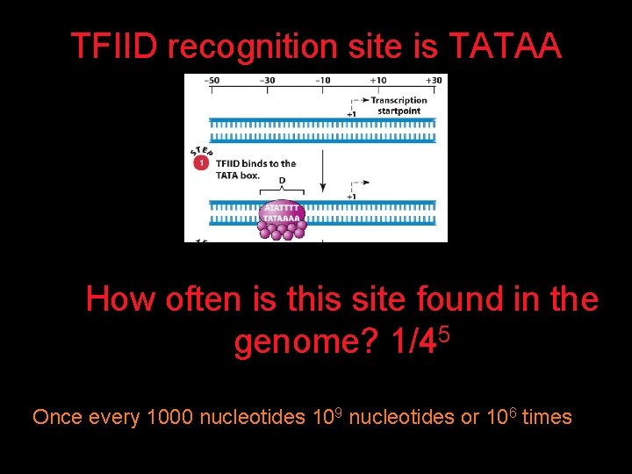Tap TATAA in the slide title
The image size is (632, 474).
click(x=504, y=46)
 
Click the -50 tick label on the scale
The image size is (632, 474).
click(x=212, y=81)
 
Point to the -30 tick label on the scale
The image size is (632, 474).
click(x=267, y=81)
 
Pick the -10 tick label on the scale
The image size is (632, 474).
click(x=323, y=81)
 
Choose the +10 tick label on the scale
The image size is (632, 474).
click(x=378, y=81)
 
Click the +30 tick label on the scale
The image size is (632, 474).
click(x=434, y=81)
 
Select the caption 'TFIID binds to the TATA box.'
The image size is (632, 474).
click(x=255, y=169)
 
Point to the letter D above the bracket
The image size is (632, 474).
click(x=282, y=181)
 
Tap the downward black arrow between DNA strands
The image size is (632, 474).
click(x=323, y=171)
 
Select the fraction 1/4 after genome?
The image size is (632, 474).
click(x=411, y=342)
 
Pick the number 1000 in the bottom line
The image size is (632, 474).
click(x=169, y=417)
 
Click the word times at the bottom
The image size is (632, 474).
click(x=546, y=417)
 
